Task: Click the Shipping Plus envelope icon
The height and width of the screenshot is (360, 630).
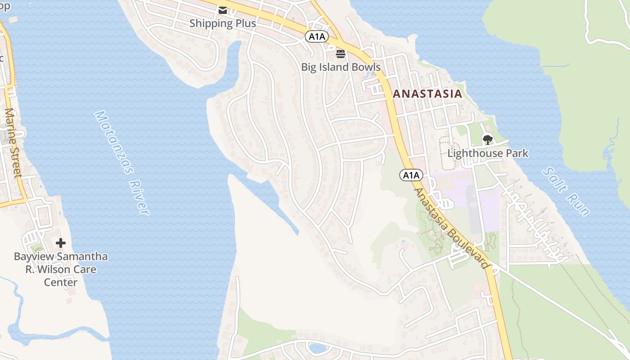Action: [223, 10]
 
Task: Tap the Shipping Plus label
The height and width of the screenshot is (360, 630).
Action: [223, 23]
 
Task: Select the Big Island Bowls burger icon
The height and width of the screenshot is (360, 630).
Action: [341, 54]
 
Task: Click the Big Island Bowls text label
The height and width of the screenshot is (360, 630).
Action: [341, 67]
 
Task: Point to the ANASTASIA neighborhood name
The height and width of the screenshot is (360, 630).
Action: [427, 94]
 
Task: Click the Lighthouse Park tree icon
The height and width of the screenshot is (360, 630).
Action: [487, 139]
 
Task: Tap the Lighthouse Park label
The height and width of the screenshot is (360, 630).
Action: [488, 153]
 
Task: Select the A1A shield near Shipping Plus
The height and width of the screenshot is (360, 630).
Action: [317, 36]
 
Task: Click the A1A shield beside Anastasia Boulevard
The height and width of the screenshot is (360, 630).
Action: [411, 175]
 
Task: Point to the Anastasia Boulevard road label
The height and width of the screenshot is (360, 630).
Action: [451, 229]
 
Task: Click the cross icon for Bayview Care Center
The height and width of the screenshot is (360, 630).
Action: [61, 243]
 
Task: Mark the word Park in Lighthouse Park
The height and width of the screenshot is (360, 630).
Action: [517, 153]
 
